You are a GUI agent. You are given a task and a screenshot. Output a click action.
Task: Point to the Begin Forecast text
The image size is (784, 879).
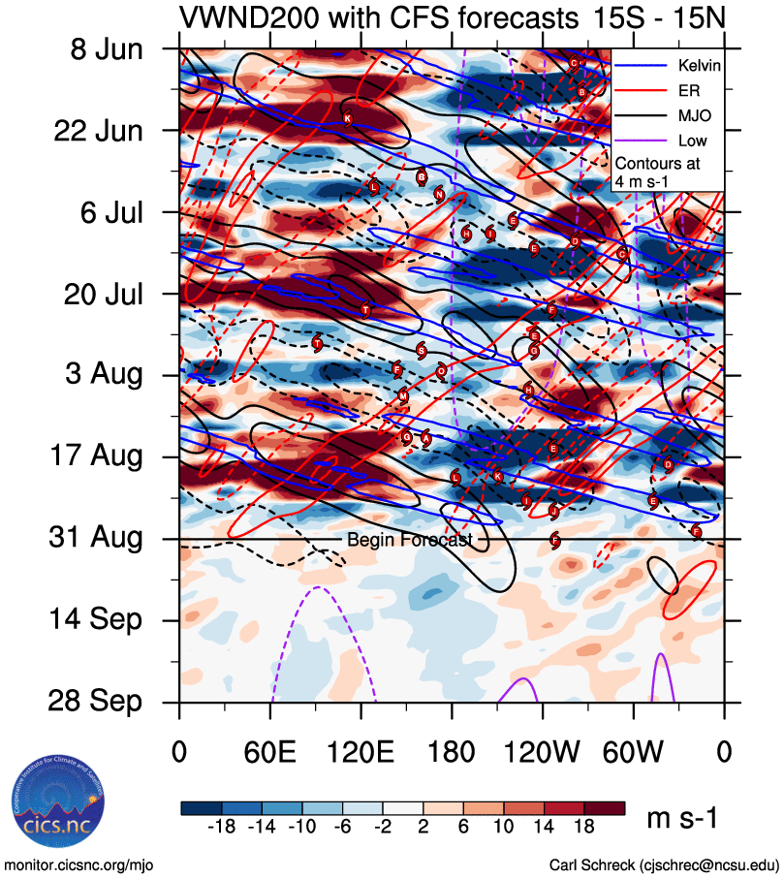(409, 540)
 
